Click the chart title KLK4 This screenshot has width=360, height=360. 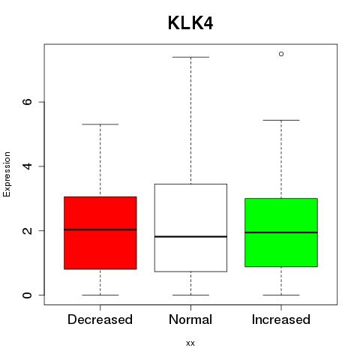coord(190,23)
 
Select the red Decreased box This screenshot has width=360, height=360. coord(100,232)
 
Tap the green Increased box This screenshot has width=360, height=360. coord(281,232)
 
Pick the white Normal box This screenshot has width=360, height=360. coord(190,228)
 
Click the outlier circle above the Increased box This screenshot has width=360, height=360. coord(281,54)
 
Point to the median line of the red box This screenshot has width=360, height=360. coord(100,229)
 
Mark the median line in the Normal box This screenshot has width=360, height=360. coord(190,236)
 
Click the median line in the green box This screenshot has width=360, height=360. coord(281,232)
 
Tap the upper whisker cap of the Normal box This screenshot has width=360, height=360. coord(190,57)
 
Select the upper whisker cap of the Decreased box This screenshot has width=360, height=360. coord(100,124)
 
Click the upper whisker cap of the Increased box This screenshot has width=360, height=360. coord(281,120)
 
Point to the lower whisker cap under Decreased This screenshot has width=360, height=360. coord(100,295)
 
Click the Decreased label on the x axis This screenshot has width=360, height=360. coord(100,319)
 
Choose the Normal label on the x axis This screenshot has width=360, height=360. coord(190,319)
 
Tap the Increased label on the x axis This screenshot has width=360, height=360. coord(281,319)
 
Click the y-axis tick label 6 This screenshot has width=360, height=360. coord(27,102)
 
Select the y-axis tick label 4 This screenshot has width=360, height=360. coord(27,166)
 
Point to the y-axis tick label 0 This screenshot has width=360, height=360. coord(27,295)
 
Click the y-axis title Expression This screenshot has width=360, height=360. coord(7,174)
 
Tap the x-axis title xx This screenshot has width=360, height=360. coord(190,343)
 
